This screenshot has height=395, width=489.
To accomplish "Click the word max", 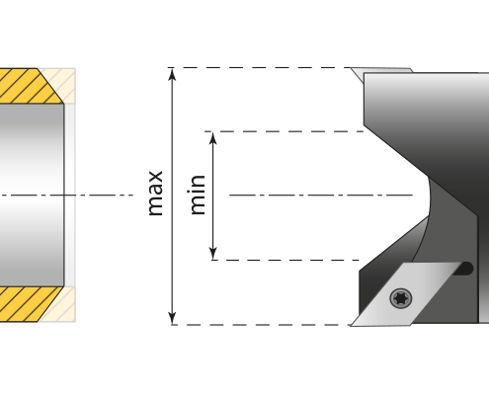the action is tap(156, 194).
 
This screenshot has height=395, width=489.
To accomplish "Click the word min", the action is tap(198, 195).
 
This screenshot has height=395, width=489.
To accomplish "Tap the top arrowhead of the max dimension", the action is tap(172, 74).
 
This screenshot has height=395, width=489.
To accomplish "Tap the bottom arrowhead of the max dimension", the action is tap(172, 318).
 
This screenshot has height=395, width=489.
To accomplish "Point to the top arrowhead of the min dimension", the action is tap(213, 138).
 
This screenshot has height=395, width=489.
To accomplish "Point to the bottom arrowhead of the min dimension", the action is tap(213, 254).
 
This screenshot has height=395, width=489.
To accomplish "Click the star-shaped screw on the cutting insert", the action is tap(401, 298).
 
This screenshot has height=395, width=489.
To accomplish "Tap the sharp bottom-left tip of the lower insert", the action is tap(351, 326).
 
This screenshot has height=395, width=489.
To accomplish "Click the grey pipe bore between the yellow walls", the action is tap(32, 196).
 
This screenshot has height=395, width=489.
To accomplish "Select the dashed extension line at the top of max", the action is tap(259, 68).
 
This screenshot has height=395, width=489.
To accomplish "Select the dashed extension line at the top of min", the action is tap(284, 131).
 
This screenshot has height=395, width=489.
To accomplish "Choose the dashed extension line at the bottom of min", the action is tap(285, 260).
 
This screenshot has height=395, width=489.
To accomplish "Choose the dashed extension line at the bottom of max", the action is tap(260, 325).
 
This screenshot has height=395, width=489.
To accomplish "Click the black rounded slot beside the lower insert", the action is tap(463, 269).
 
